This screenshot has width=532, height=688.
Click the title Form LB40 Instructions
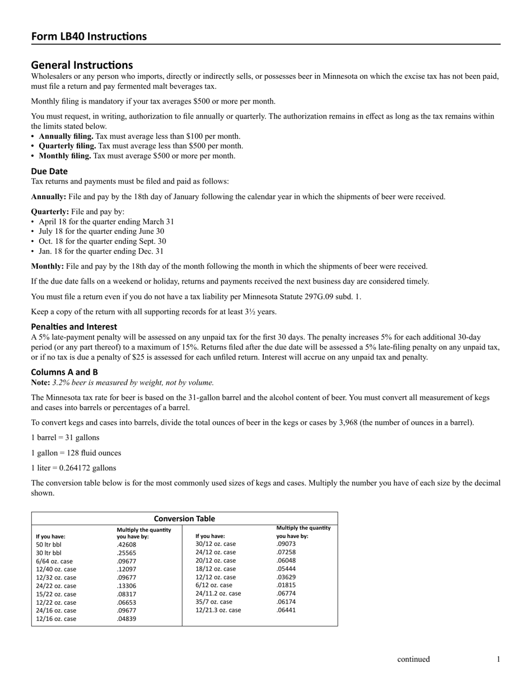pyautogui.click(x=88, y=36)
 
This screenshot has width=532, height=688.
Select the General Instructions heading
pyautogui.click(x=82, y=65)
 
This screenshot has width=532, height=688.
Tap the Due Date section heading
pyautogui.click(x=49, y=171)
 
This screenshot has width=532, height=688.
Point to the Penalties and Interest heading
pyautogui.click(x=74, y=327)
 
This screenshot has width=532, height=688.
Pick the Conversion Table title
pyautogui.click(x=184, y=519)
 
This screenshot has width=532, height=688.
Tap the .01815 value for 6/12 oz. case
pyautogui.click(x=286, y=585)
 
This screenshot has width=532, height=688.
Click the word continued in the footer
pyautogui.click(x=413, y=659)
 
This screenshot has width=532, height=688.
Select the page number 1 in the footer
pyautogui.click(x=498, y=659)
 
